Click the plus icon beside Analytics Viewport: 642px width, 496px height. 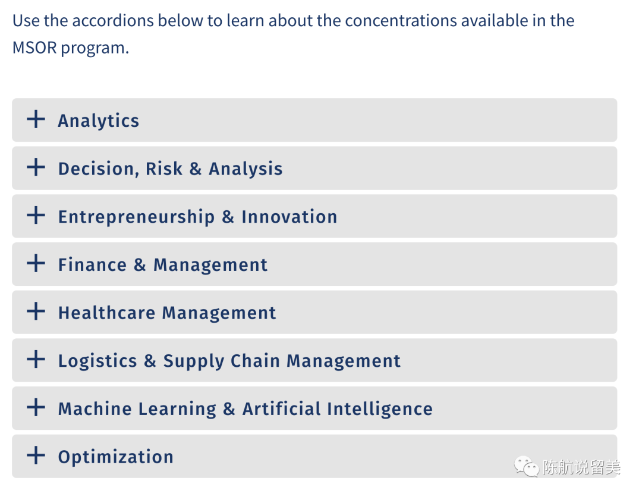point(36,119)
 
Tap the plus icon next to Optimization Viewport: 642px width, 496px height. point(36,455)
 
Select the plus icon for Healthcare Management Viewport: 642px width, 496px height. point(36,311)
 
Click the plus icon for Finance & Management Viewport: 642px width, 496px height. point(36,263)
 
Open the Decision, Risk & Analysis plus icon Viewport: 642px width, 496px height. point(36,167)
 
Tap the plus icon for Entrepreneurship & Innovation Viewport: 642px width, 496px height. point(36,215)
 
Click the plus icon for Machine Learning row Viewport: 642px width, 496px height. point(36,407)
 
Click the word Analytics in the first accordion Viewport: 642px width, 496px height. point(99,121)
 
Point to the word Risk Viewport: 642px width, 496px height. point(164,169)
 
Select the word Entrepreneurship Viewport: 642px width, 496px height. point(136,217)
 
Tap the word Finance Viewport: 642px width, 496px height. point(93,264)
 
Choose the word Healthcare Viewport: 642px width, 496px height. point(107,313)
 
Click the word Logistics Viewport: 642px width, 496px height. point(98,361)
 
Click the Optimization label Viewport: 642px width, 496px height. point(116,457)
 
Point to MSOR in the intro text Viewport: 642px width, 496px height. point(35,48)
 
